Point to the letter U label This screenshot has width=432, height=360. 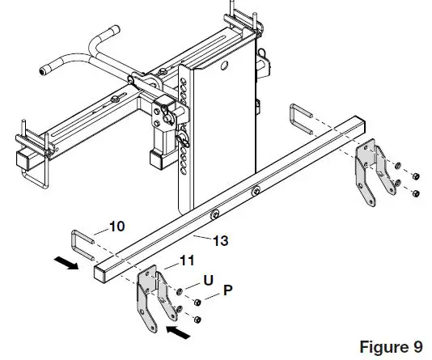click(209, 280)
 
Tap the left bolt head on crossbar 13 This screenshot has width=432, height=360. click(216, 214)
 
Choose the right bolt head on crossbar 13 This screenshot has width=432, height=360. click(256, 192)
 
